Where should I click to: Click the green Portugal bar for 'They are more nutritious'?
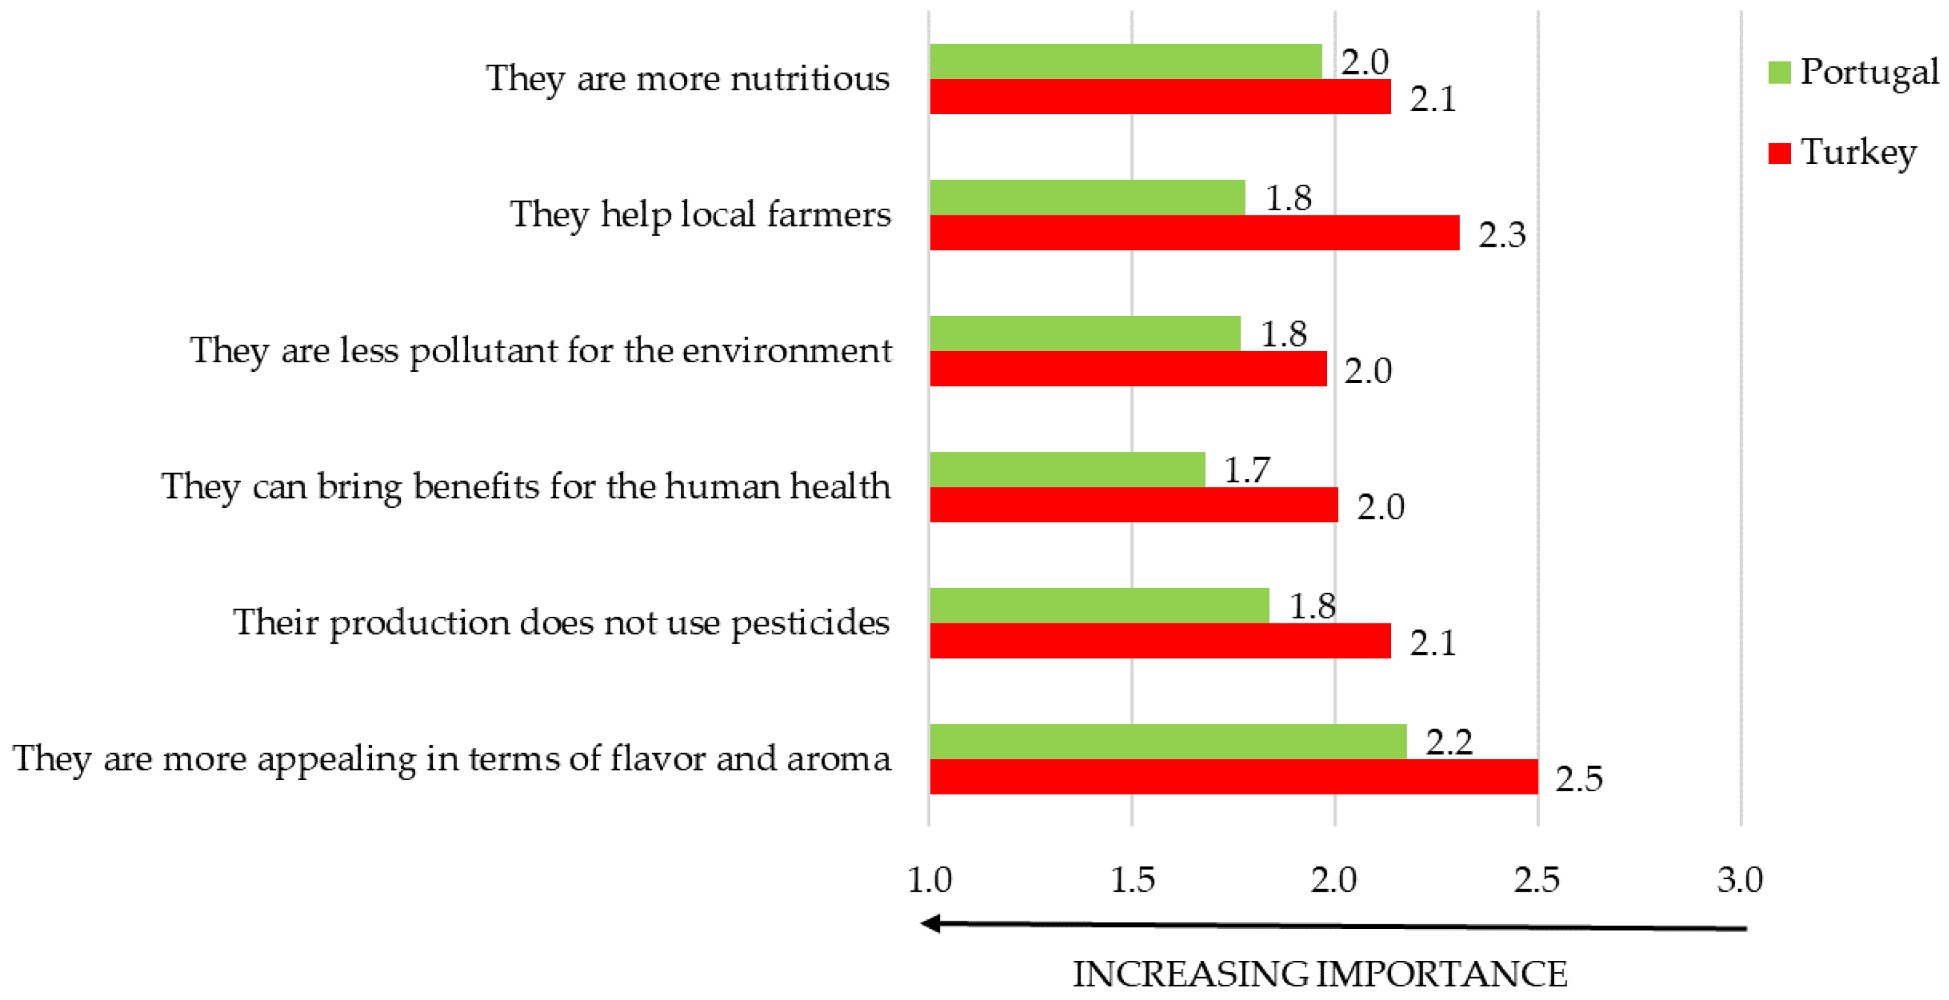click(1125, 61)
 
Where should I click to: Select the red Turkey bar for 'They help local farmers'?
click(1194, 232)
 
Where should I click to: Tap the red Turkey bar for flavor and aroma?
click(1233, 777)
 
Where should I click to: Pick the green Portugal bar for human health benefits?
click(1067, 469)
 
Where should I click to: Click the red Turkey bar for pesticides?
click(1160, 641)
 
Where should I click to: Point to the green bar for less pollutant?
click(1085, 334)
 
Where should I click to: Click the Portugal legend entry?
click(1854, 72)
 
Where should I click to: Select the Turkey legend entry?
click(1843, 152)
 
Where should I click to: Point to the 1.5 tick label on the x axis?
click(1132, 880)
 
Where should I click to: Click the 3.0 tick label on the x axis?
click(1740, 880)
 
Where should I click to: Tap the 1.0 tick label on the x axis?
click(929, 880)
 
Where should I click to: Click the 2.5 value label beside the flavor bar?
click(1579, 778)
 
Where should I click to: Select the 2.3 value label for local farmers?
click(1503, 234)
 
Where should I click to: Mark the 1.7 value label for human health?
click(1247, 471)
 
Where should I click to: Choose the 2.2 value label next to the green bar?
click(1450, 742)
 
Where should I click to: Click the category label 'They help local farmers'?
click(700, 214)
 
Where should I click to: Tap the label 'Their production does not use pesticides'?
click(561, 623)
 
